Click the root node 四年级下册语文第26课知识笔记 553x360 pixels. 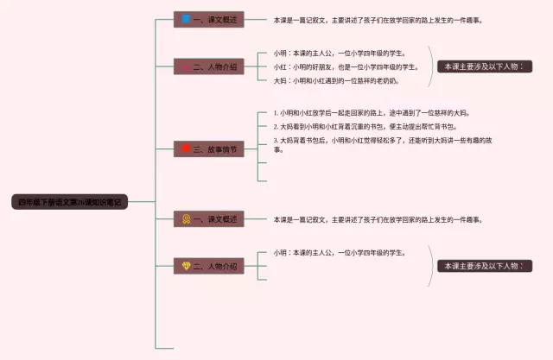pos(71,202)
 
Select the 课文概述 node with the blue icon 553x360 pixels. pos(208,19)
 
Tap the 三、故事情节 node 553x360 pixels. pos(208,148)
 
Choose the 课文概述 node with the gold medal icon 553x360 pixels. pos(208,219)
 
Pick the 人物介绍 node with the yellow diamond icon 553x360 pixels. pos(208,266)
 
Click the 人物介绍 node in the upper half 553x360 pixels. pos(208,66)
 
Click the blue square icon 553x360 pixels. pos(185,19)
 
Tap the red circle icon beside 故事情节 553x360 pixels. pos(185,148)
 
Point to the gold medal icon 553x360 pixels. pos(185,219)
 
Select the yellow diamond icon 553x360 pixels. pos(185,266)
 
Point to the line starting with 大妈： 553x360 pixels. pos(336,80)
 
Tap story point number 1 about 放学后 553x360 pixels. pos(372,112)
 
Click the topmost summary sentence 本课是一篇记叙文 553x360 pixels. pos(378,19)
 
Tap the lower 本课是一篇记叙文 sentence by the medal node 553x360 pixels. pos(378,219)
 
